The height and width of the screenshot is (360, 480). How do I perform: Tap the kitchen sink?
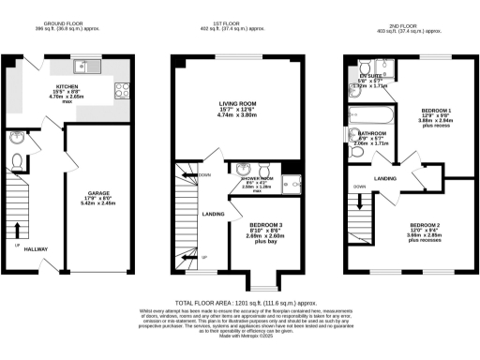coord(85,67)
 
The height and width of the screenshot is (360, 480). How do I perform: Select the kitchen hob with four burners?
coord(121,91)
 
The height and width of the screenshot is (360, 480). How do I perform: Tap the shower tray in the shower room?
coord(291,185)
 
